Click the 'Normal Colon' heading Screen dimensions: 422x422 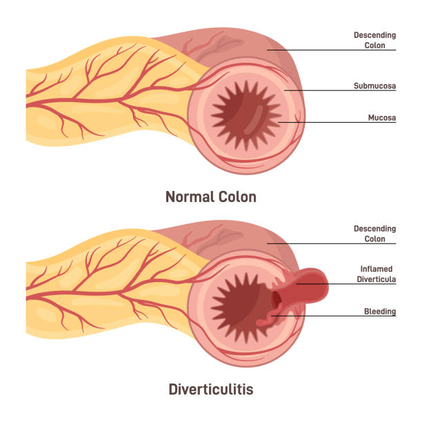click(x=211, y=197)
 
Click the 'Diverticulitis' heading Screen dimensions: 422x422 click(x=211, y=390)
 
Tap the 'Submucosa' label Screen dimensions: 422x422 click(x=375, y=87)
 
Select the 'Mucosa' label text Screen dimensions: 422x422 click(x=382, y=118)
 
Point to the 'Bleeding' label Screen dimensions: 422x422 click(x=380, y=312)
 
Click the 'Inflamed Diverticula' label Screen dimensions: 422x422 click(x=375, y=274)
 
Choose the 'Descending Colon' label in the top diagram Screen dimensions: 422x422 click(x=375, y=40)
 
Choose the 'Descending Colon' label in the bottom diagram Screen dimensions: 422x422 click(x=375, y=234)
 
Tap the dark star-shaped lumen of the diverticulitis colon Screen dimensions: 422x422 click(x=241, y=303)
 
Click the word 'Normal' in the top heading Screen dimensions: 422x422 click(x=187, y=197)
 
